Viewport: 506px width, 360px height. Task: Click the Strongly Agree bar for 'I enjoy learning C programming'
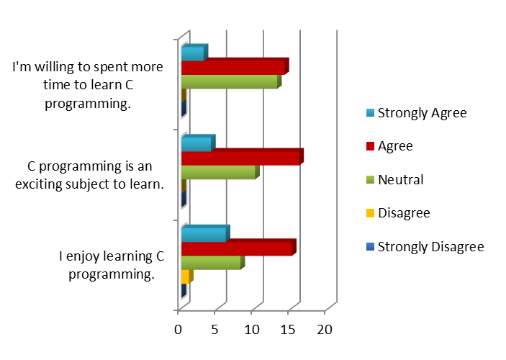pos(204,235)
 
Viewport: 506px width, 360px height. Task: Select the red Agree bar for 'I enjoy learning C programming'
pos(237,248)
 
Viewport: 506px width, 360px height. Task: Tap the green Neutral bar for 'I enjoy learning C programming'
pos(211,264)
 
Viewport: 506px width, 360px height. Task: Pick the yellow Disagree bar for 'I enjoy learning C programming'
pos(186,277)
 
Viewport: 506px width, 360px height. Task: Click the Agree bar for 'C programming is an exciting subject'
pos(240,158)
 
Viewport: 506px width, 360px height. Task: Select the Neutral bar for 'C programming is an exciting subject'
pos(218,173)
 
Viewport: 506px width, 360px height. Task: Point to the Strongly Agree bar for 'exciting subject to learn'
pos(196,145)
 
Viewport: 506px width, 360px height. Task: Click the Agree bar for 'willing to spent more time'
pos(233,68)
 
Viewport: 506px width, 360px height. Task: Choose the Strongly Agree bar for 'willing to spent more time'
pos(193,54)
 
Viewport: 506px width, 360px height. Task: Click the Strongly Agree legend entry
pos(422,112)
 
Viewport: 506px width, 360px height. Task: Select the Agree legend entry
pos(395,145)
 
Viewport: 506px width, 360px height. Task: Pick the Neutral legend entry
pos(400,179)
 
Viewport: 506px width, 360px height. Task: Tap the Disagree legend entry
pos(404,213)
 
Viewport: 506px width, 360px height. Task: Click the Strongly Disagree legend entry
pos(430,247)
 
